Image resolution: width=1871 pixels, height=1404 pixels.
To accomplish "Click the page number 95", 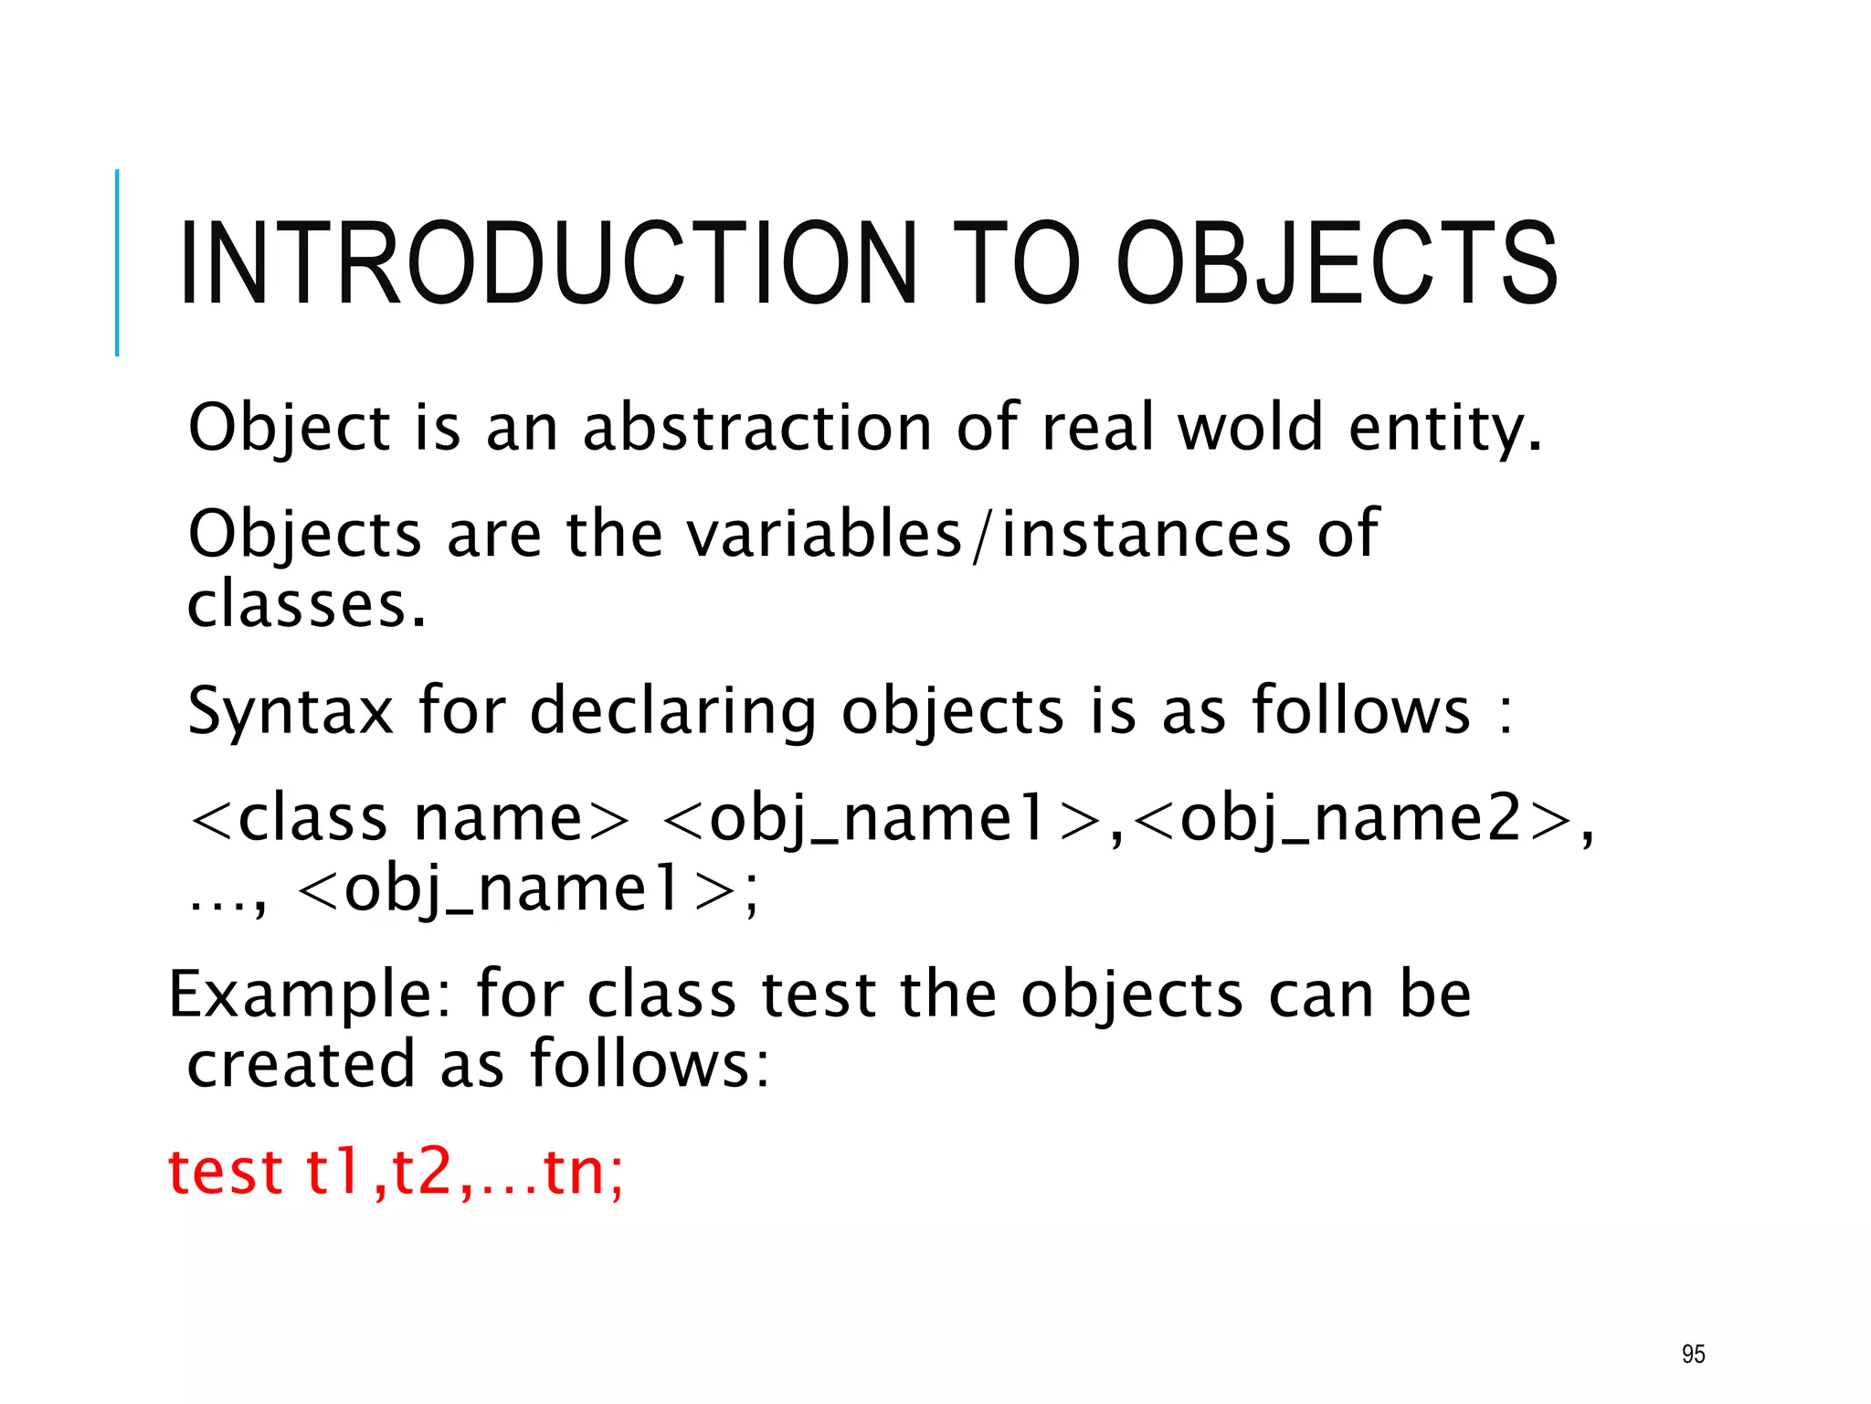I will (1693, 1354).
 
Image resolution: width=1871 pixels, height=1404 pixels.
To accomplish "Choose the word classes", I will (306, 604).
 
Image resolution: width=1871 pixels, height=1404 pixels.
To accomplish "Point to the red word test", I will (225, 1172).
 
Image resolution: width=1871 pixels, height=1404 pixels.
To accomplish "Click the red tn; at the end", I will (584, 1172).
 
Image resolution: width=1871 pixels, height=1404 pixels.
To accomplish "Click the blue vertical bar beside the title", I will (117, 262).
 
